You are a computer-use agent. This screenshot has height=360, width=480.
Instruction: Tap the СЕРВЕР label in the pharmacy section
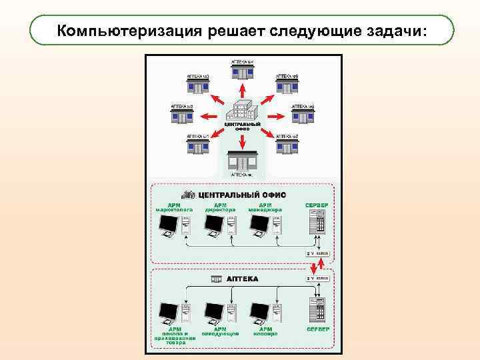click(317, 329)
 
